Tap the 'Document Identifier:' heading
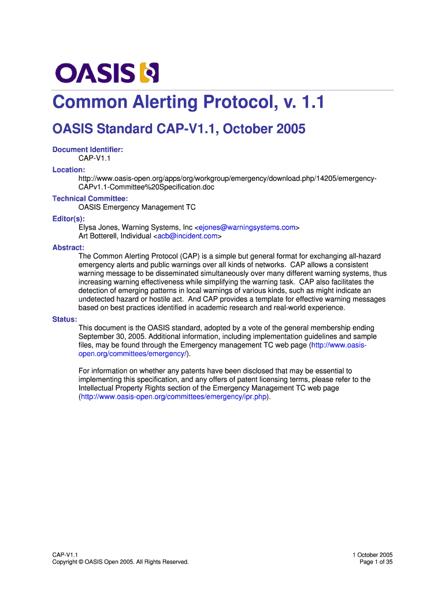tap(88, 150)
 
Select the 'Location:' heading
tap(69, 170)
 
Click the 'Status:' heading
tap(65, 319)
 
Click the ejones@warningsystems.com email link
tap(247, 228)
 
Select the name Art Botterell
tap(98, 236)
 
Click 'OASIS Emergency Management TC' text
tap(137, 207)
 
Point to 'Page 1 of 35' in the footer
tap(376, 562)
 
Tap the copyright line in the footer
tap(120, 562)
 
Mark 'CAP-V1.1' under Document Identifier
tap(94, 158)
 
